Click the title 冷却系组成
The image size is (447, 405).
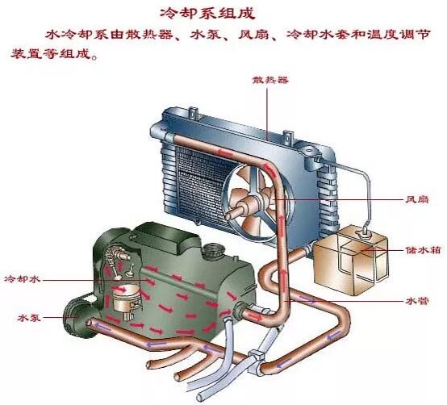pos(207,14)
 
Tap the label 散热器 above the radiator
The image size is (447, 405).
pos(270,80)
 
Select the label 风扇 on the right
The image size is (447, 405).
pos(417,199)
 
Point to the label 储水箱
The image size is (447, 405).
pos(423,250)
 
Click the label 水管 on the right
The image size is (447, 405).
pos(417,301)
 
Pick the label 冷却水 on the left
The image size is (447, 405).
pos(23,279)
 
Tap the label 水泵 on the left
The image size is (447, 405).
pos(29,318)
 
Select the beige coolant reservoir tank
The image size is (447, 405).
pos(350,260)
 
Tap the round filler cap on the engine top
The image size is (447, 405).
pos(212,250)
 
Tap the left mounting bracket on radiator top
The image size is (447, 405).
pos(194,114)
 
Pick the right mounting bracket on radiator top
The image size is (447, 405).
pos(288,138)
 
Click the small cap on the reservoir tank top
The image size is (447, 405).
pos(365,234)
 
